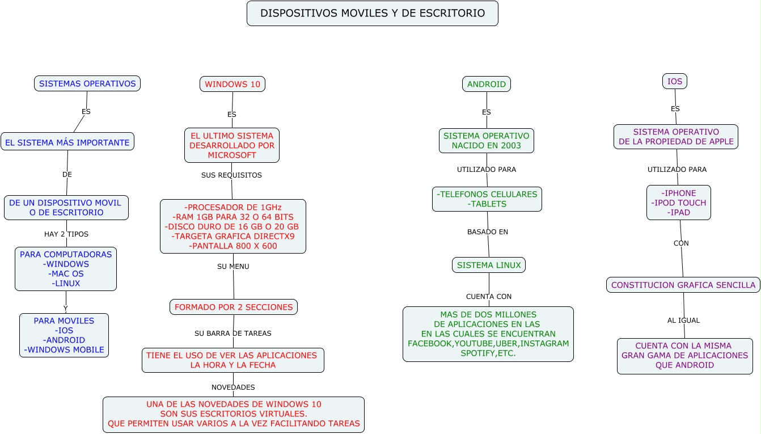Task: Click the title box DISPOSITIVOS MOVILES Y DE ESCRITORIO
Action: [x=373, y=13]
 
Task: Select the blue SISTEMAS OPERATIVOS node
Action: [x=87, y=83]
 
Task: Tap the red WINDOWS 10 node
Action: [x=232, y=84]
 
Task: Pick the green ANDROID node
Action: [x=487, y=84]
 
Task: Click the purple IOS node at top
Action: [x=675, y=81]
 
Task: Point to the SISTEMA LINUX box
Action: [x=489, y=265]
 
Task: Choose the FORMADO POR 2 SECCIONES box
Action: [x=234, y=307]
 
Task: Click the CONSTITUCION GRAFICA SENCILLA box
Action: [x=683, y=285]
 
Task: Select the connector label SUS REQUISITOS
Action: [x=231, y=175]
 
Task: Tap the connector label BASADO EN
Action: [x=488, y=232]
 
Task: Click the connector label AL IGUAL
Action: [x=683, y=321]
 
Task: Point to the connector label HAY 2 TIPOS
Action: [x=66, y=234]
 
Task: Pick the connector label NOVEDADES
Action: [x=233, y=387]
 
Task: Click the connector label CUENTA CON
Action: [x=489, y=297]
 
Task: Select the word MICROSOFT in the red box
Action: [x=232, y=155]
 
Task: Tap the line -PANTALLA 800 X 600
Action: [x=233, y=246]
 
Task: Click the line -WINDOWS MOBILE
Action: [x=64, y=349]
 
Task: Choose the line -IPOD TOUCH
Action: [x=679, y=203]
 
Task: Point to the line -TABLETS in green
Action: [x=487, y=204]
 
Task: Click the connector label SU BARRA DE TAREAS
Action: [x=233, y=334]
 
